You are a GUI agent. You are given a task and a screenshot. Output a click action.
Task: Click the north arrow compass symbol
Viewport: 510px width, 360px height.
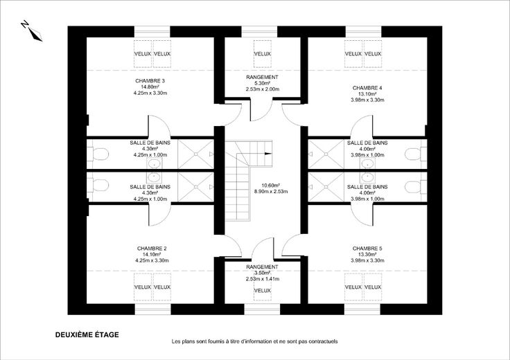tap(31, 31)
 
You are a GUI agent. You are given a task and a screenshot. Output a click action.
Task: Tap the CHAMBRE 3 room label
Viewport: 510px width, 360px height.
tap(145, 81)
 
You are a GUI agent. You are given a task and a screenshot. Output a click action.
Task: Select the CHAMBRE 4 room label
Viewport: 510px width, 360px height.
tap(367, 88)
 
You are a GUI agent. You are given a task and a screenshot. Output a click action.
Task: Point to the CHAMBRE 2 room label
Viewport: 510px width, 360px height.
tap(151, 248)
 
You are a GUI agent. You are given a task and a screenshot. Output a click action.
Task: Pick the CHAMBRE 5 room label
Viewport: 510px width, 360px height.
tap(367, 248)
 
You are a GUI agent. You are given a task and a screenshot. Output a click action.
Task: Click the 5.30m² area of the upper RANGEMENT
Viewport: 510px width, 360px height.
tap(262, 83)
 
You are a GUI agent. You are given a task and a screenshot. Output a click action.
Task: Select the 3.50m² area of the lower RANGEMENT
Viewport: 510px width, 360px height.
tap(262, 273)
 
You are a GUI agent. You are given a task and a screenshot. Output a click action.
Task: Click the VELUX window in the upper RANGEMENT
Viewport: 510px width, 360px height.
tap(262, 54)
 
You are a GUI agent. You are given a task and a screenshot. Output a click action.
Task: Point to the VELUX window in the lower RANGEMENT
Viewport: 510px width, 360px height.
tap(262, 290)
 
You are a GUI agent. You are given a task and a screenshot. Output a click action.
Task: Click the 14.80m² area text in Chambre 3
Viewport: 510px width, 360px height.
tap(145, 87)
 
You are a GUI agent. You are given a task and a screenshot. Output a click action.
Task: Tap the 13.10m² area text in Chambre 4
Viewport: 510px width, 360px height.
tap(367, 94)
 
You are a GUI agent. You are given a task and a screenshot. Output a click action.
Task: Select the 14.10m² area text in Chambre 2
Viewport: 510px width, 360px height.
tap(151, 254)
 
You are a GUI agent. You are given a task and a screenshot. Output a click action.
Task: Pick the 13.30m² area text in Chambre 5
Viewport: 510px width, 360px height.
tap(367, 254)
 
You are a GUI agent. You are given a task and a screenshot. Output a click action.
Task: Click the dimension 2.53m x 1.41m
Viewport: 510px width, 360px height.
tap(262, 279)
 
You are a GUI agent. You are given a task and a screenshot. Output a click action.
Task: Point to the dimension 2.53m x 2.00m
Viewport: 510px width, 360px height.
tap(262, 89)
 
